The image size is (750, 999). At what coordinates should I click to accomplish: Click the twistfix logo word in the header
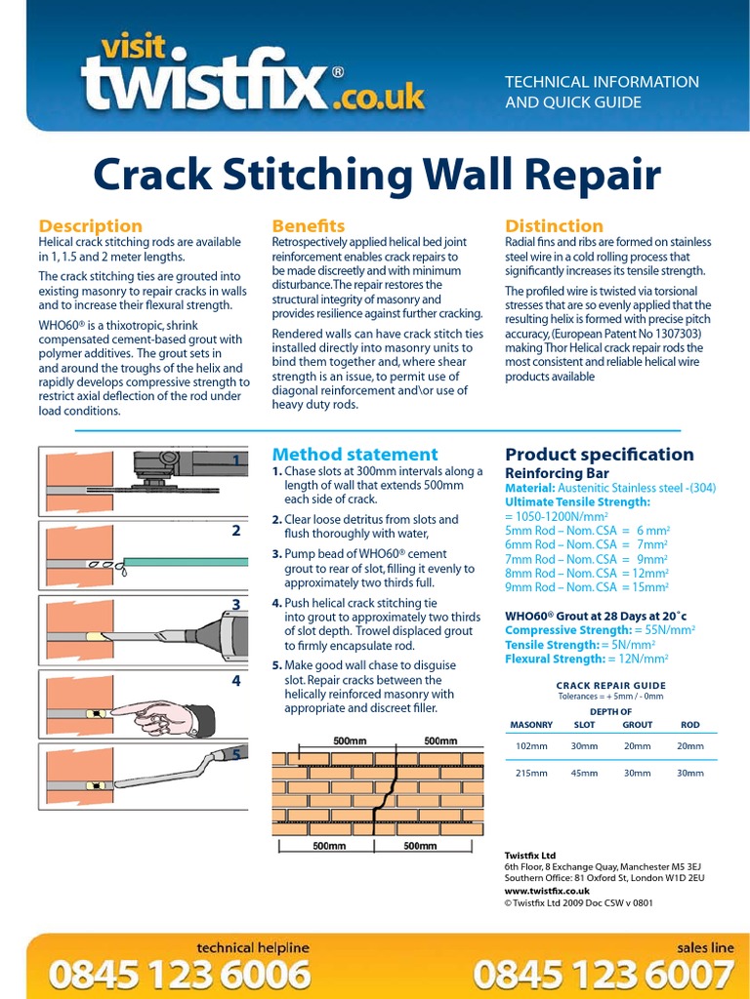tap(205, 86)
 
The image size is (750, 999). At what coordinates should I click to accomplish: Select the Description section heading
tap(90, 225)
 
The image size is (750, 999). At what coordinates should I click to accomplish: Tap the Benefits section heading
tap(308, 225)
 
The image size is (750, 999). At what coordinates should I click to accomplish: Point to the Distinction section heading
tap(554, 225)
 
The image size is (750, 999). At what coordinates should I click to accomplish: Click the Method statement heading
tap(354, 454)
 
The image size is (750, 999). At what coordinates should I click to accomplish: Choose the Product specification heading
tap(599, 454)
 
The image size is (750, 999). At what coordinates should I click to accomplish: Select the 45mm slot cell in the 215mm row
tap(584, 774)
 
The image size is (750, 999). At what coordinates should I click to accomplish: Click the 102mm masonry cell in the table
tap(531, 746)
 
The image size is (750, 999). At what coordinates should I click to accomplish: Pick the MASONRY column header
tap(531, 725)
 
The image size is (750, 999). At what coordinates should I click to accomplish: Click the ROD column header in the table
tap(689, 725)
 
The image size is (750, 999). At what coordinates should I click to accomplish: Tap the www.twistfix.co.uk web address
tap(547, 891)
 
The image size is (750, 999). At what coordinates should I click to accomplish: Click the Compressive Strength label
tap(567, 630)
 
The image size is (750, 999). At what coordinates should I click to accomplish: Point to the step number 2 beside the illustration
tap(235, 532)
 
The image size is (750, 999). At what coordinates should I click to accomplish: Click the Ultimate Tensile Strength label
tap(576, 500)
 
